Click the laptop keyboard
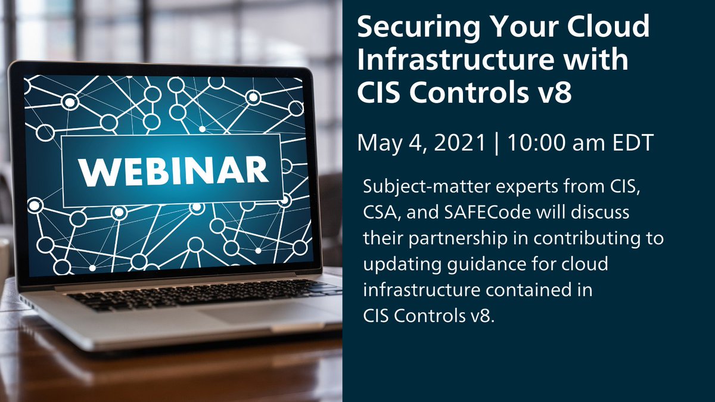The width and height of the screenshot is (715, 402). (197, 295)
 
